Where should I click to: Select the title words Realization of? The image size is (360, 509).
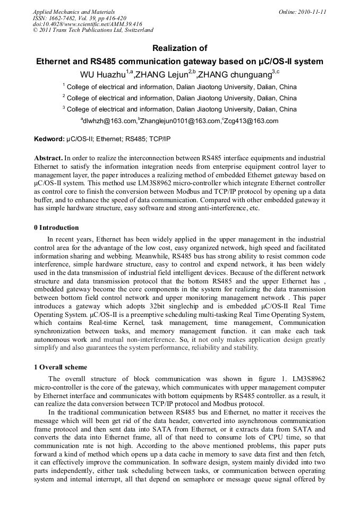click(179, 48)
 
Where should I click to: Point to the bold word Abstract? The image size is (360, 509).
click(48, 158)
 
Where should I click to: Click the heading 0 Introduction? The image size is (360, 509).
click(56, 228)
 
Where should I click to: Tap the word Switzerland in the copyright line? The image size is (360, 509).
click(138, 30)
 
